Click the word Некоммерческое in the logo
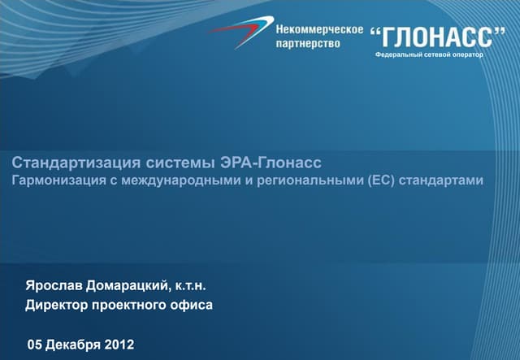(x=319, y=29)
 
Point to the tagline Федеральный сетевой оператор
(x=429, y=54)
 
